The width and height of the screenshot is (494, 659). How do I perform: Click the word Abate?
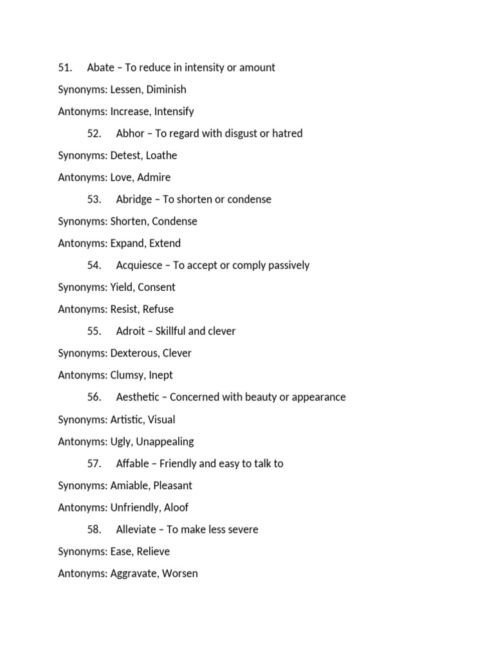100,68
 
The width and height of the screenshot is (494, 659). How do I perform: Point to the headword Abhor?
131,133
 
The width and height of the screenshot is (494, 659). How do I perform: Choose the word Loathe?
161,155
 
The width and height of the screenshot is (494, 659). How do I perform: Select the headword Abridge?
134,200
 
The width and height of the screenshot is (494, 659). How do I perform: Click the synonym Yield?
122,287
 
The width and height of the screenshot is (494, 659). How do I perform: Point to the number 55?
94,331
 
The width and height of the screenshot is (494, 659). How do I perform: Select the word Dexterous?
133,353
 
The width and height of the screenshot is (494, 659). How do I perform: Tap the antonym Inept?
161,375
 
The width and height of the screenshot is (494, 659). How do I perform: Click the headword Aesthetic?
139,397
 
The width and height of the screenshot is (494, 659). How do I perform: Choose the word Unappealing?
165,441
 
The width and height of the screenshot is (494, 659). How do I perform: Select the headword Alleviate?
136,529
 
